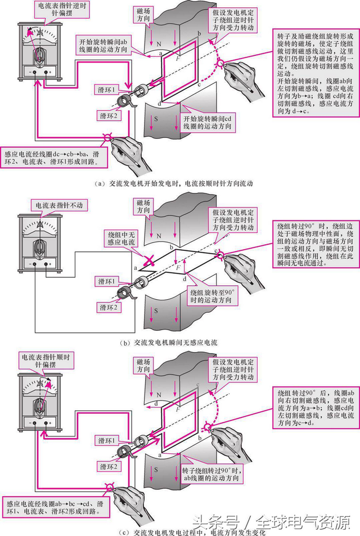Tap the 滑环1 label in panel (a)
tap(106, 90)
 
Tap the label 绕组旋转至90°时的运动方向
tap(210, 295)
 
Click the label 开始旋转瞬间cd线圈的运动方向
tap(209, 122)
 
